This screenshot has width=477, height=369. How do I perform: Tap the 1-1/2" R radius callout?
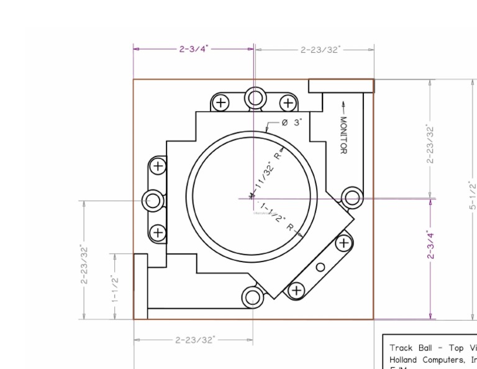tap(277, 217)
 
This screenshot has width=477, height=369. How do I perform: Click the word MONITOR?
tap(343, 135)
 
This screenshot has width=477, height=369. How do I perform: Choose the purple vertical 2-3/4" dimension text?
tap(430, 246)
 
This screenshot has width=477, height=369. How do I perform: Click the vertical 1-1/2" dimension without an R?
tap(115, 287)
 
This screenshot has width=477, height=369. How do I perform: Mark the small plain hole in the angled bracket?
tap(320, 267)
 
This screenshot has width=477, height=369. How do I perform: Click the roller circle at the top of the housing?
tap(255, 98)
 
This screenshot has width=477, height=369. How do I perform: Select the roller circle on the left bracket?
tap(153, 201)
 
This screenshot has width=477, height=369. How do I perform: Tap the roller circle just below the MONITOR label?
tap(352, 198)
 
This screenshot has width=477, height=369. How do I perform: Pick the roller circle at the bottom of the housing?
tap(252, 297)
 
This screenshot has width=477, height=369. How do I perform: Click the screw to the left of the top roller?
tap(220, 103)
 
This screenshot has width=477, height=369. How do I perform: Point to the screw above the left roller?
tap(159, 166)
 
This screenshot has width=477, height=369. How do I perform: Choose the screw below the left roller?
tap(159, 233)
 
